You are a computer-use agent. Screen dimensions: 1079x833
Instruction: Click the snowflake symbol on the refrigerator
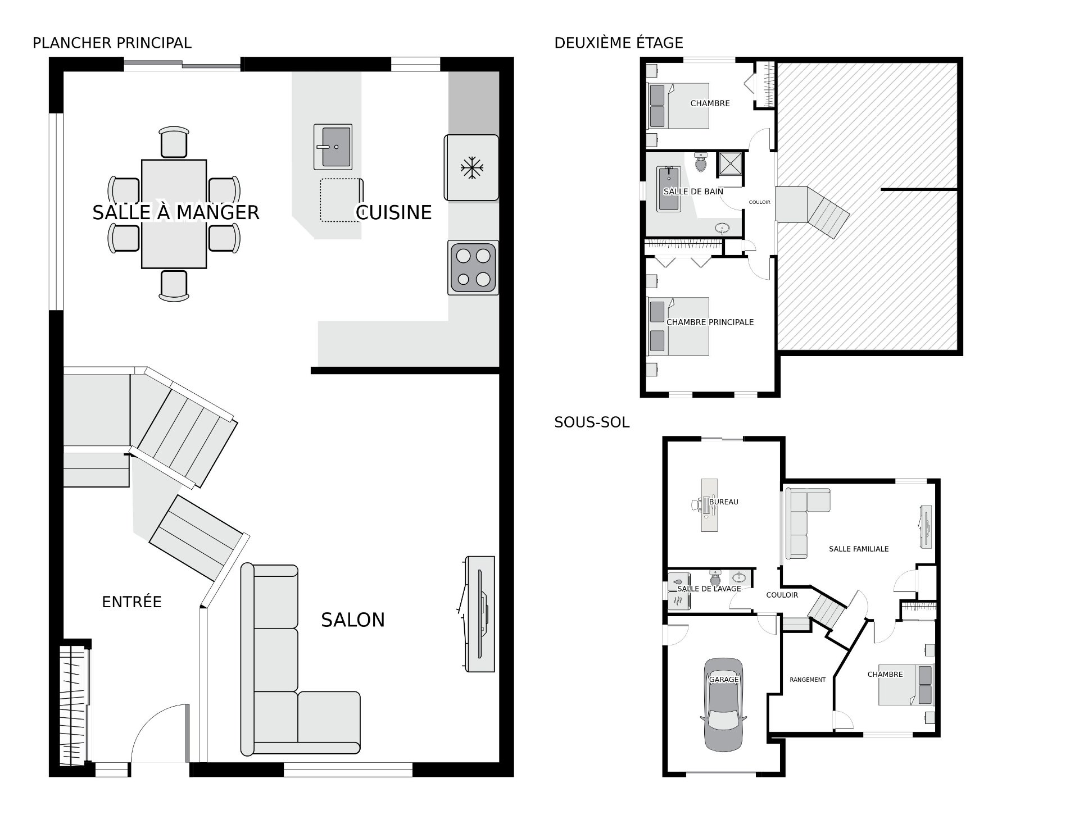point(472,167)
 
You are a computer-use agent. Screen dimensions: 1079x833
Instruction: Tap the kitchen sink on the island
point(333,147)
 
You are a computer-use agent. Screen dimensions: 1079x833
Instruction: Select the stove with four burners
point(473,267)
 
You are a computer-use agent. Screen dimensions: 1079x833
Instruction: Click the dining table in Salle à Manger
point(174,214)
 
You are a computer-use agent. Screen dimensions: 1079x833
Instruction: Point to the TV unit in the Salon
point(480,614)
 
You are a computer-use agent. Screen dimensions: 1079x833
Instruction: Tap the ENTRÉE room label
point(132,602)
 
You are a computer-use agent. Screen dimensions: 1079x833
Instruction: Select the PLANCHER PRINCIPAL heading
point(112,43)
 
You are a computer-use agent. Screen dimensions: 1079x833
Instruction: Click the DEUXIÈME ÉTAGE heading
point(619,43)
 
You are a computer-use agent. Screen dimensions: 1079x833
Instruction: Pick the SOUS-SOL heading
point(592,422)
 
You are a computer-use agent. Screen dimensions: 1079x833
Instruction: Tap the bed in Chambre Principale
point(678,326)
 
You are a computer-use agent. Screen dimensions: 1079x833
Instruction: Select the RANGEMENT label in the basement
point(808,680)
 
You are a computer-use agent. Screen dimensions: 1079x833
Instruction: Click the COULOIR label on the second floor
point(760,202)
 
